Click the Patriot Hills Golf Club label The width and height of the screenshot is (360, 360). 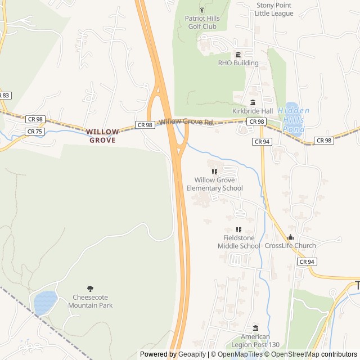point(202,22)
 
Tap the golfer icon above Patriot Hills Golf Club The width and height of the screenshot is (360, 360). point(202,10)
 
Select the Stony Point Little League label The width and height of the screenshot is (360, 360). point(274,9)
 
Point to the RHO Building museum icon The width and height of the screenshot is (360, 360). point(238,55)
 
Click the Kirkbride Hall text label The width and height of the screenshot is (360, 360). point(253,111)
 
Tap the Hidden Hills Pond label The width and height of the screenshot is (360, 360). point(293,119)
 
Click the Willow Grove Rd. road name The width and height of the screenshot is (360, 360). point(187,122)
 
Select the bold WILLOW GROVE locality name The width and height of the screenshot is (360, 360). point(102,136)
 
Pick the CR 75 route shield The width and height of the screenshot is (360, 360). point(34,132)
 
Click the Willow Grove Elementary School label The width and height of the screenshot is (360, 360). point(214,184)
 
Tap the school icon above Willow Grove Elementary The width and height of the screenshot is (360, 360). point(214,172)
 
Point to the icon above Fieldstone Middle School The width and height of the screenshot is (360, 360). point(238,229)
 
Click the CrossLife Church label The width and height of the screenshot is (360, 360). point(290,246)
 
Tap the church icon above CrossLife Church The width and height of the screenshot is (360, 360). point(290,237)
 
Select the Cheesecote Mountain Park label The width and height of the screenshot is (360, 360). point(91,301)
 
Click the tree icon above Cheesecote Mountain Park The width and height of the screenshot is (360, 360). point(91,289)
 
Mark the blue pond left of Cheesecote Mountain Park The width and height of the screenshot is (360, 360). point(46,303)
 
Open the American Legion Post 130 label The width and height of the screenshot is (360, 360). point(256,340)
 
